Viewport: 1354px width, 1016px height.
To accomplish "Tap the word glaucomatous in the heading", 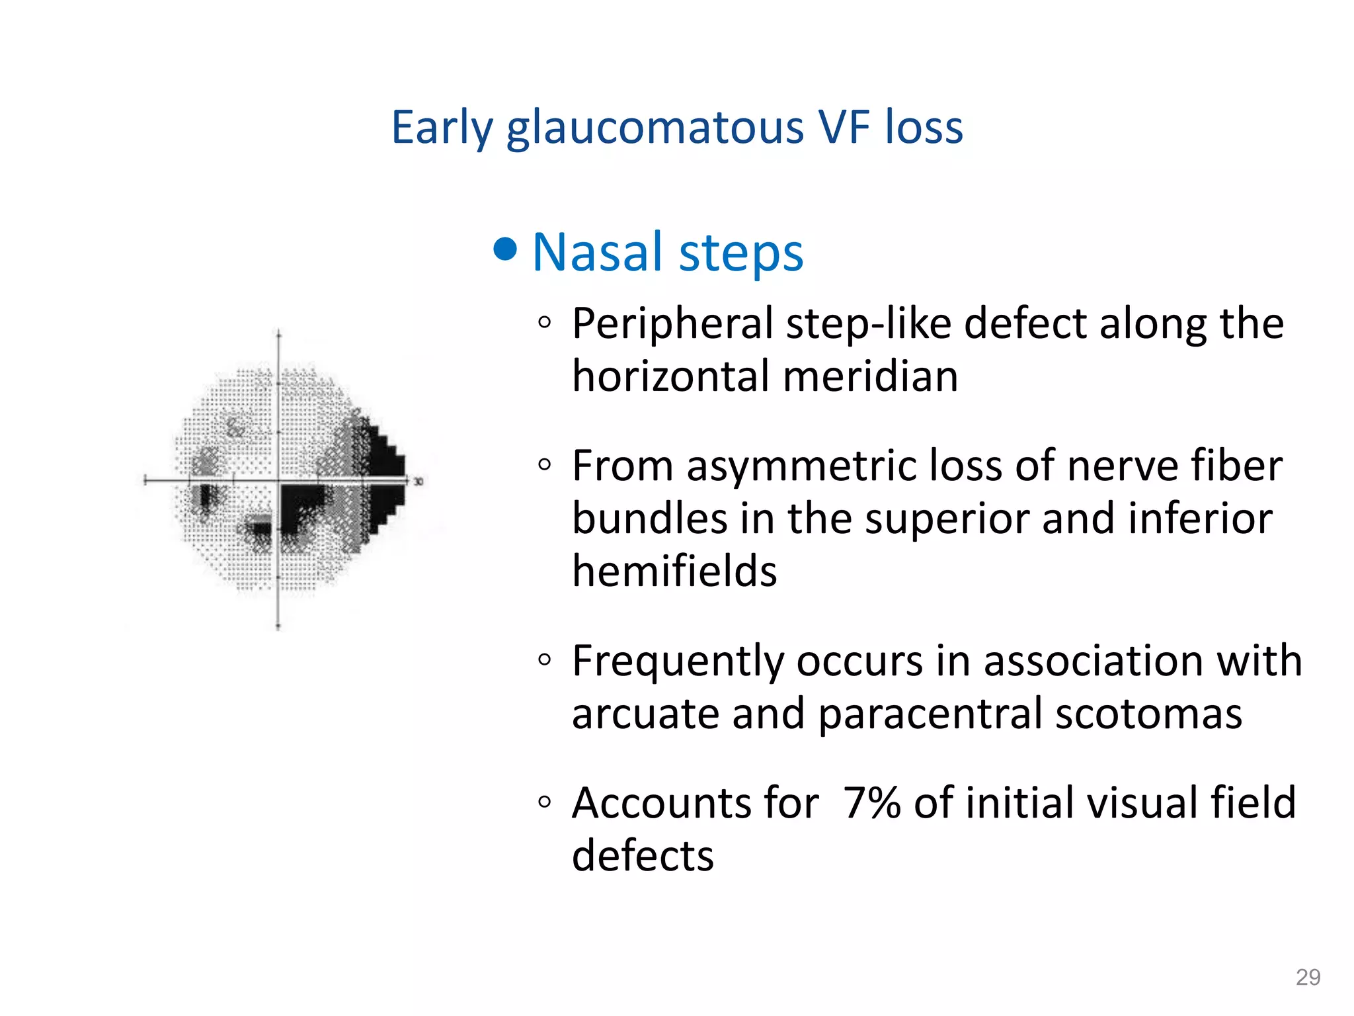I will [x=655, y=128].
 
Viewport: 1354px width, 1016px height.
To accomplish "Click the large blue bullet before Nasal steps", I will [x=505, y=249].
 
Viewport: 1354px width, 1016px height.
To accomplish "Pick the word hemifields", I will [x=674, y=571].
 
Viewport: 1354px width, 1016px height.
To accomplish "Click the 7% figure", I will [x=872, y=803].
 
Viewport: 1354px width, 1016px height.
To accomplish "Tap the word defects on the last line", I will [x=643, y=856].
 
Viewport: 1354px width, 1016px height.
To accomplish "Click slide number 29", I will [x=1307, y=977].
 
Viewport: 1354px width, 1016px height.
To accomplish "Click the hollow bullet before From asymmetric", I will [x=544, y=465].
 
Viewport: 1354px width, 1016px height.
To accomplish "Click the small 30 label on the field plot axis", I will [x=418, y=482].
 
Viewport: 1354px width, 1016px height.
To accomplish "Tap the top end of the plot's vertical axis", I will [x=278, y=333].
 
